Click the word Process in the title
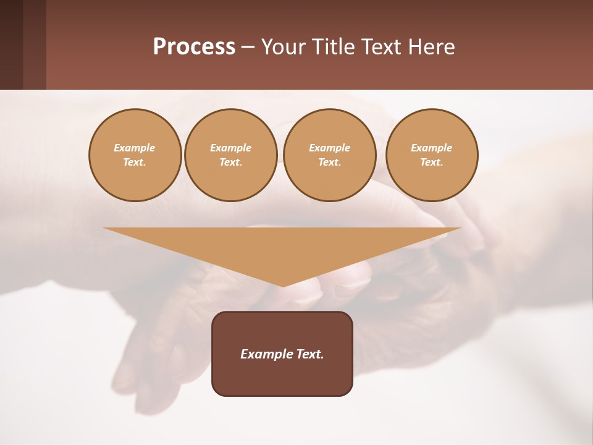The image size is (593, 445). (x=194, y=47)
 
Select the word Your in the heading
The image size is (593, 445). (x=282, y=47)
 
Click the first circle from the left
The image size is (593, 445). (x=135, y=155)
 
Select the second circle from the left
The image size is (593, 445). (x=231, y=155)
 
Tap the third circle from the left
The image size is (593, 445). (x=330, y=155)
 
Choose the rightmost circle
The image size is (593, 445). (x=432, y=155)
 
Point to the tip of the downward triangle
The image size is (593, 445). (x=283, y=285)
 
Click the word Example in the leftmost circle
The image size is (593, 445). (x=135, y=148)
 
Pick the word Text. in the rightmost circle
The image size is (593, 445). (x=432, y=163)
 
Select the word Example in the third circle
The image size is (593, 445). (x=330, y=148)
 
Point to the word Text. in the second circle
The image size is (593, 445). (x=231, y=163)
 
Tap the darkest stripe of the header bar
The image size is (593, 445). (x=11, y=44)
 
